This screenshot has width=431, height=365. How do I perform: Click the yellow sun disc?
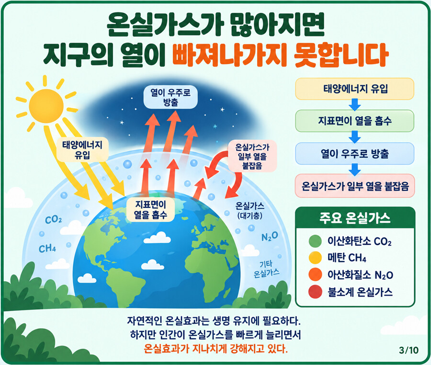(46, 106)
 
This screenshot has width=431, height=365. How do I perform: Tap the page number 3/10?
(409, 350)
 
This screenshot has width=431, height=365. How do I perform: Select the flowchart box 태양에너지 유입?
(354, 89)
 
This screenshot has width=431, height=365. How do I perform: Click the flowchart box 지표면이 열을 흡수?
(354, 121)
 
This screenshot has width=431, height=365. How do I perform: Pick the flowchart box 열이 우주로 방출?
(354, 153)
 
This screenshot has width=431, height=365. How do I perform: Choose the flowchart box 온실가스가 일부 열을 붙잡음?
(354, 186)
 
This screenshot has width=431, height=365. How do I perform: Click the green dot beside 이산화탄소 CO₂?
(315, 241)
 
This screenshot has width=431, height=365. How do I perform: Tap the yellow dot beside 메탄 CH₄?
(315, 258)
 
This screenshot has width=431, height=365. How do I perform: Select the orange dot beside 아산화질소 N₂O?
(315, 274)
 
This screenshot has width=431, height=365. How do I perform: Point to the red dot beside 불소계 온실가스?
(315, 292)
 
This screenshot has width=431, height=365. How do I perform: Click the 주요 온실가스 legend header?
(355, 218)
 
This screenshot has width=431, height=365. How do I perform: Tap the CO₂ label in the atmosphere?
(53, 220)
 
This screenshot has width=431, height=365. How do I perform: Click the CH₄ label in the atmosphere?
(47, 249)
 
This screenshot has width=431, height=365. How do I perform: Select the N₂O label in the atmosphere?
(269, 237)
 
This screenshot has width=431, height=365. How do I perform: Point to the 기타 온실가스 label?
(266, 269)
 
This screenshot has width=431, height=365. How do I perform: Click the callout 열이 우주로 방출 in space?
(170, 97)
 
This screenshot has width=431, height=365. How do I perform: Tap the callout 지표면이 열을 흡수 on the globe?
(150, 209)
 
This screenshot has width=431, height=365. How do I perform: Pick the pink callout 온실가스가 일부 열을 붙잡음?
(252, 157)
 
